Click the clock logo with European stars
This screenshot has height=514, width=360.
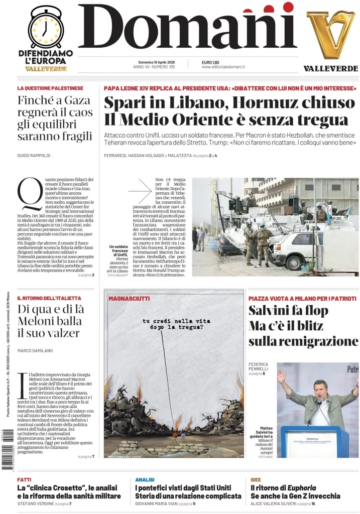pos(45,28)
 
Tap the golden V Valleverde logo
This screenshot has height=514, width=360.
pos(330,34)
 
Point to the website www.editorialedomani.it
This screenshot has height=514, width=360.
pos(223,67)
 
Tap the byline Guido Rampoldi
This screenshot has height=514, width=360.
pos(34,156)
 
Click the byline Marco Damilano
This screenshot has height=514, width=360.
pos(35,350)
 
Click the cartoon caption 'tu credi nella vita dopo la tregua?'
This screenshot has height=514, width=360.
pos(173,324)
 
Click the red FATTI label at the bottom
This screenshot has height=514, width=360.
pos(24,479)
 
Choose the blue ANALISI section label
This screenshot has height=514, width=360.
pos(145,479)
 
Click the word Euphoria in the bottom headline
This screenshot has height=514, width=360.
pos(300,487)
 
